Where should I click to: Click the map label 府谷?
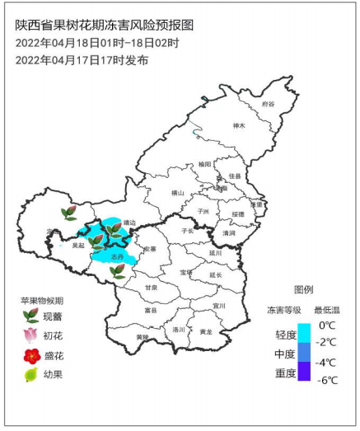(x=267, y=105)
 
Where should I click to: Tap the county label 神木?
(x=240, y=126)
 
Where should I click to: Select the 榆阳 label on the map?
(x=205, y=164)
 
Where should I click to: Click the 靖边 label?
(x=129, y=222)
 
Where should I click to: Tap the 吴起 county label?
(x=78, y=245)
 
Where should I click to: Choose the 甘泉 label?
(x=152, y=287)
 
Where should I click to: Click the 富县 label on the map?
(x=150, y=311)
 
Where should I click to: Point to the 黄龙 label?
(x=205, y=331)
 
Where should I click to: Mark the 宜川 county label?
(x=218, y=305)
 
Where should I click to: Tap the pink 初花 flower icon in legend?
(x=30, y=335)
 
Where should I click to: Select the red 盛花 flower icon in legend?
(x=30, y=355)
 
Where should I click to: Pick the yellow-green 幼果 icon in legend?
(x=30, y=376)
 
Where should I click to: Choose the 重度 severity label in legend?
(x=286, y=372)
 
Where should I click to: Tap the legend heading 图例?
(x=302, y=289)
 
